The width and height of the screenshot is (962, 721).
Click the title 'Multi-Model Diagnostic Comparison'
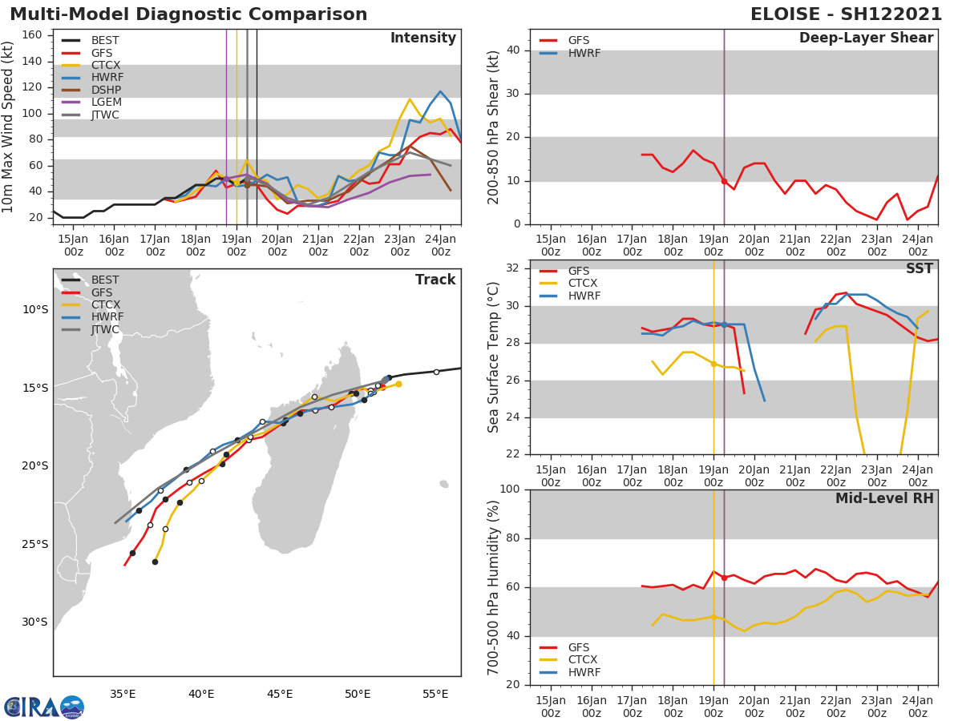coord(188,14)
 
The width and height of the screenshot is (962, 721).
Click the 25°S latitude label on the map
coord(34,544)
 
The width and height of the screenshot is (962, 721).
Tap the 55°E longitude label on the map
coord(435,694)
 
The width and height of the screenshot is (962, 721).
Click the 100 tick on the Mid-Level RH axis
coord(507,489)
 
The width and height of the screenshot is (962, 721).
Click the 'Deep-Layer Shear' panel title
coord(866,38)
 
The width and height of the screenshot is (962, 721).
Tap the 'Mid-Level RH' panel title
coord(884,498)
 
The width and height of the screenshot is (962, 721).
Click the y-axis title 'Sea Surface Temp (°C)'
coord(494,357)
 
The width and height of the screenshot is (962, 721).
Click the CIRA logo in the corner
coord(44,707)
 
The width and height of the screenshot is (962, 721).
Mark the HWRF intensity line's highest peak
coord(440,91)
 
